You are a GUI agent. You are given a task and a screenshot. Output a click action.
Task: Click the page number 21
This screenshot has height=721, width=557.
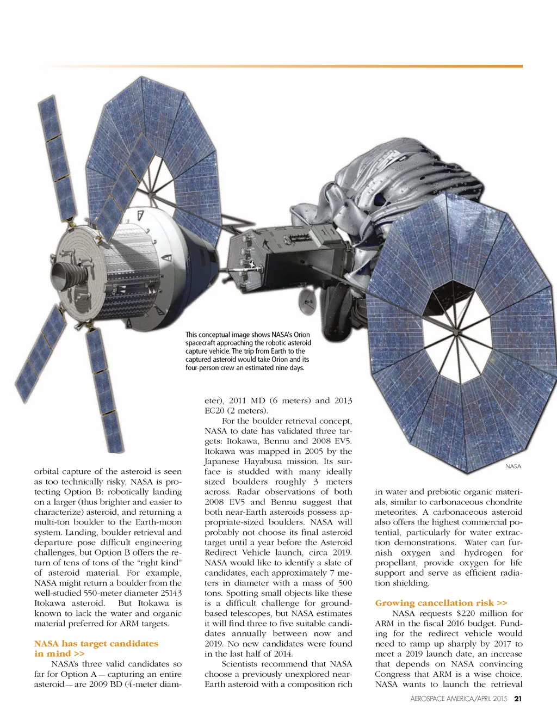point(518,698)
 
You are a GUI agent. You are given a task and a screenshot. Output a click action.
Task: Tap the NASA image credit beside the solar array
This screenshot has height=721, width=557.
point(513,466)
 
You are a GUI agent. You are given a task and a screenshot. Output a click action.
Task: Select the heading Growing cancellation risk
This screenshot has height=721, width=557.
point(441,603)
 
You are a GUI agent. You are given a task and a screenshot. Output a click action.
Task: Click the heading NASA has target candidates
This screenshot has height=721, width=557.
point(96,644)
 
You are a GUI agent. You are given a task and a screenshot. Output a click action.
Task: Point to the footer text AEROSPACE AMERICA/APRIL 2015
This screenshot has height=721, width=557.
point(459,699)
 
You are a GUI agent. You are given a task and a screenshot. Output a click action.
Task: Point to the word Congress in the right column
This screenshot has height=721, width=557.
point(393,674)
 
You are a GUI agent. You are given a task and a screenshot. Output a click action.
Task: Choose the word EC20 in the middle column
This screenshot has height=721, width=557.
point(214,411)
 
